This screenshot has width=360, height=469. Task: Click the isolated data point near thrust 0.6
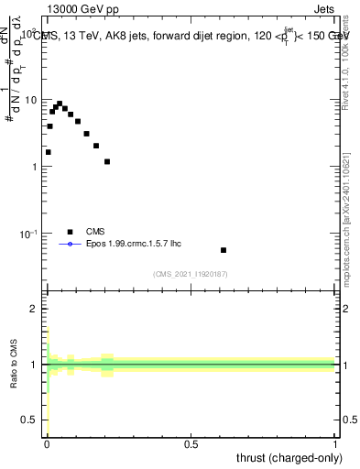point(224,250)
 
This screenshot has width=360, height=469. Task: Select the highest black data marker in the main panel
point(60,104)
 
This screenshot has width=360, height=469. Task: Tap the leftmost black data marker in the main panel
point(48,152)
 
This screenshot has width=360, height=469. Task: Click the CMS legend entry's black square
point(70,232)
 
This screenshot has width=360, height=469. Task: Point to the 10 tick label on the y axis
point(34,99)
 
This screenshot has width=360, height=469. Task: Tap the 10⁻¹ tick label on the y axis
point(32,234)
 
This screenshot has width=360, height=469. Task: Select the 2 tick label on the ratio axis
point(38,309)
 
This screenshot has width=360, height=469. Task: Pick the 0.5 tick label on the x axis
point(191,445)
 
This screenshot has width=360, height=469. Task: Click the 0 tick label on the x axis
point(47,445)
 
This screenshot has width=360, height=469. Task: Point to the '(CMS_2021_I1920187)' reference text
point(191,273)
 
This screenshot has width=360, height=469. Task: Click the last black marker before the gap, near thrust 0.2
point(107,162)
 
